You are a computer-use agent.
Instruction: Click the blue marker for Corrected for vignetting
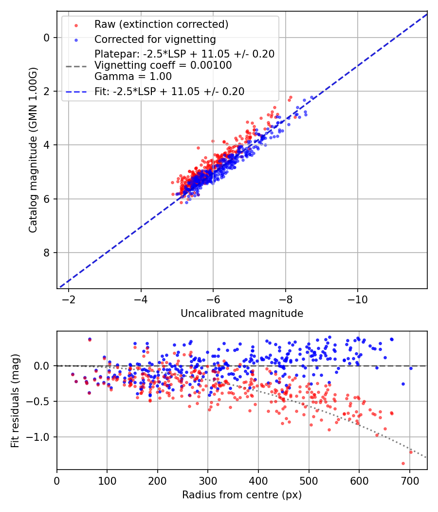pos(76,39)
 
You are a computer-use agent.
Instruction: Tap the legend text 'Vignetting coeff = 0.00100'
pos(163,65)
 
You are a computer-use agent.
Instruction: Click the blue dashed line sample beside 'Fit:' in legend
pos(76,91)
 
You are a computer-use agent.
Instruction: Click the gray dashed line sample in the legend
pos(76,65)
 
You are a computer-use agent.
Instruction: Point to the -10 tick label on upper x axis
pos(357,298)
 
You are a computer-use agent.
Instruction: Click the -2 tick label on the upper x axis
pos(69,298)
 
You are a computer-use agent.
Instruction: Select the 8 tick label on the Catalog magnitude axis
pos(47,253)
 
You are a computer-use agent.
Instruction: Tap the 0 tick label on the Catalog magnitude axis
pos(47,38)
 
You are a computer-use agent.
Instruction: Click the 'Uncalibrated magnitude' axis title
pos(242,314)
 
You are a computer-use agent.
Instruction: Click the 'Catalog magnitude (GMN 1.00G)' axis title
pos(33,150)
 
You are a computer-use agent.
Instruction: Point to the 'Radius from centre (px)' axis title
pos(242,495)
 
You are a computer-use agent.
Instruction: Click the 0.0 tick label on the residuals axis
pos(43,366)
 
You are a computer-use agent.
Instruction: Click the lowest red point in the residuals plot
pos(403,463)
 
